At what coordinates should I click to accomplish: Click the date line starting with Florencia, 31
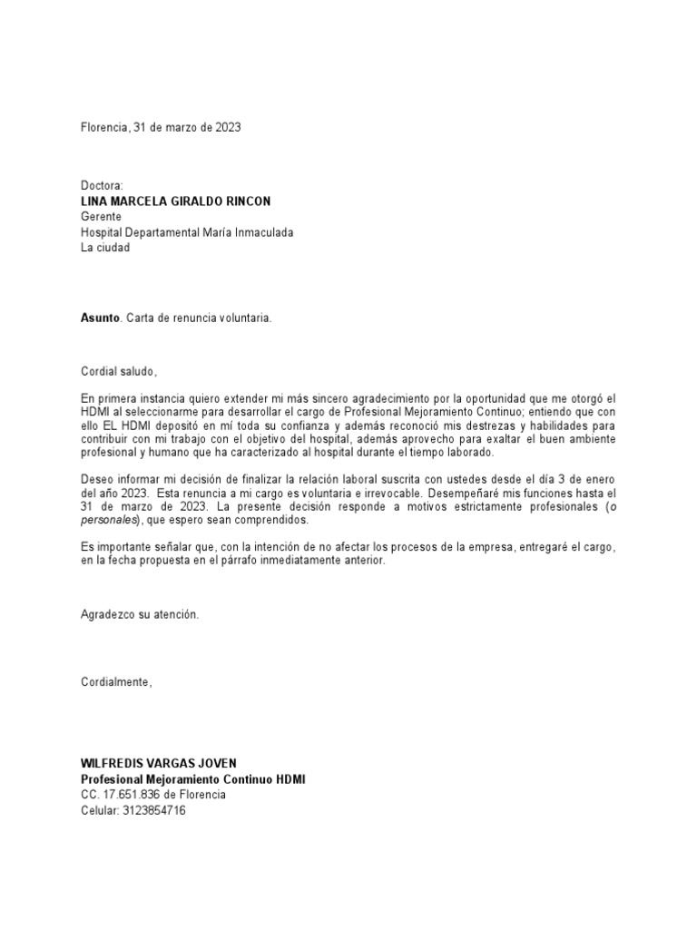tap(161, 128)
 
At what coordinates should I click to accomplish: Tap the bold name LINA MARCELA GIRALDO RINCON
tap(175, 200)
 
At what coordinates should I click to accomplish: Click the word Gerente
tap(101, 217)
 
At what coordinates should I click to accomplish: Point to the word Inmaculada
tap(261, 232)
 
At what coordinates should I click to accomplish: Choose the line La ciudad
tap(105, 248)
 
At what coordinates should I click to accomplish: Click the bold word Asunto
tap(100, 318)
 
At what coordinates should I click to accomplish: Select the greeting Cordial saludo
tap(118, 371)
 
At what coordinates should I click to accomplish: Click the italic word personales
tap(108, 521)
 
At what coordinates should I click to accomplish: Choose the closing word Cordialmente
tap(116, 681)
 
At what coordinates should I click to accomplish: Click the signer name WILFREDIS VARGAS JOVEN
tap(159, 763)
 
